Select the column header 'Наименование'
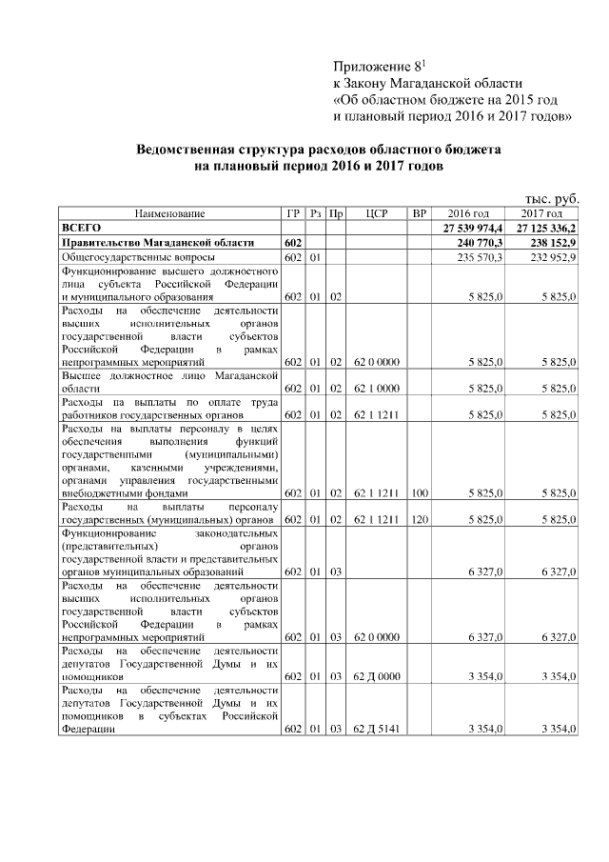pyautogui.click(x=169, y=213)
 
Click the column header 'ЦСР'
pyautogui.click(x=375, y=213)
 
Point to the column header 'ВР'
pyautogui.click(x=419, y=213)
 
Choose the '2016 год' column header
pyautogui.click(x=468, y=213)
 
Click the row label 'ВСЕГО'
pyautogui.click(x=81, y=229)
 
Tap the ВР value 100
pyautogui.click(x=419, y=492)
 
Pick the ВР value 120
pyautogui.click(x=419, y=520)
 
